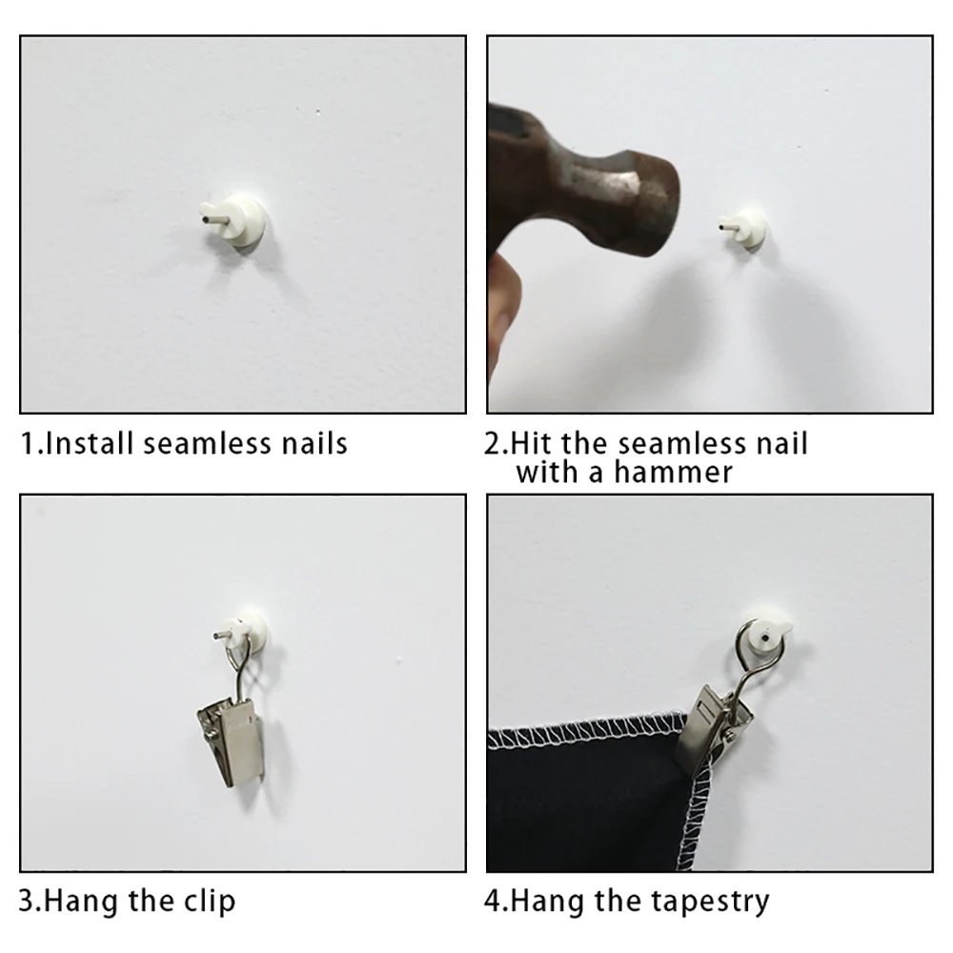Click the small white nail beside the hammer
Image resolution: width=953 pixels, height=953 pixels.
(x=742, y=229)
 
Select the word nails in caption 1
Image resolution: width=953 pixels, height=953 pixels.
(x=314, y=443)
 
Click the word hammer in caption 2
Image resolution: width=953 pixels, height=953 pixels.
(x=673, y=473)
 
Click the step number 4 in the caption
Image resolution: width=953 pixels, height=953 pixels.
(x=494, y=902)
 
